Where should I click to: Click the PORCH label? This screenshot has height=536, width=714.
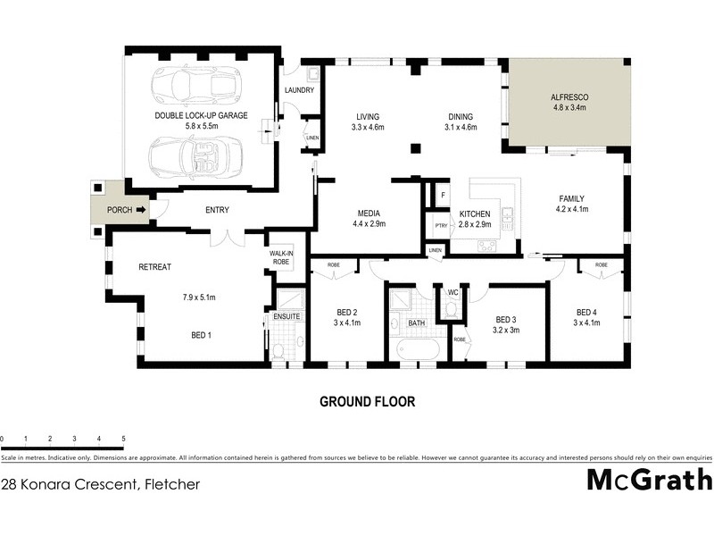[119, 211]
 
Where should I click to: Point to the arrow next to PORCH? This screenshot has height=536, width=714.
[140, 211]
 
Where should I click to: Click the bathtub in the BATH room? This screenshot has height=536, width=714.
[416, 349]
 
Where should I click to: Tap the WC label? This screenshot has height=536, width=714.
[452, 292]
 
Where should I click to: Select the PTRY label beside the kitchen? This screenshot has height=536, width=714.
[439, 226]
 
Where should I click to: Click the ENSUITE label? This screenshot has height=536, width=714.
[285, 316]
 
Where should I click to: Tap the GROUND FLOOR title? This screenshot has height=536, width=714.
[368, 402]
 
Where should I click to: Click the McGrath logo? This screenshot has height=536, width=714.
[649, 480]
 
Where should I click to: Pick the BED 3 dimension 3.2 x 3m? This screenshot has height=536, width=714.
[506, 330]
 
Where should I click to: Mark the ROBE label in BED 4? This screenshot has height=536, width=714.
[601, 265]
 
